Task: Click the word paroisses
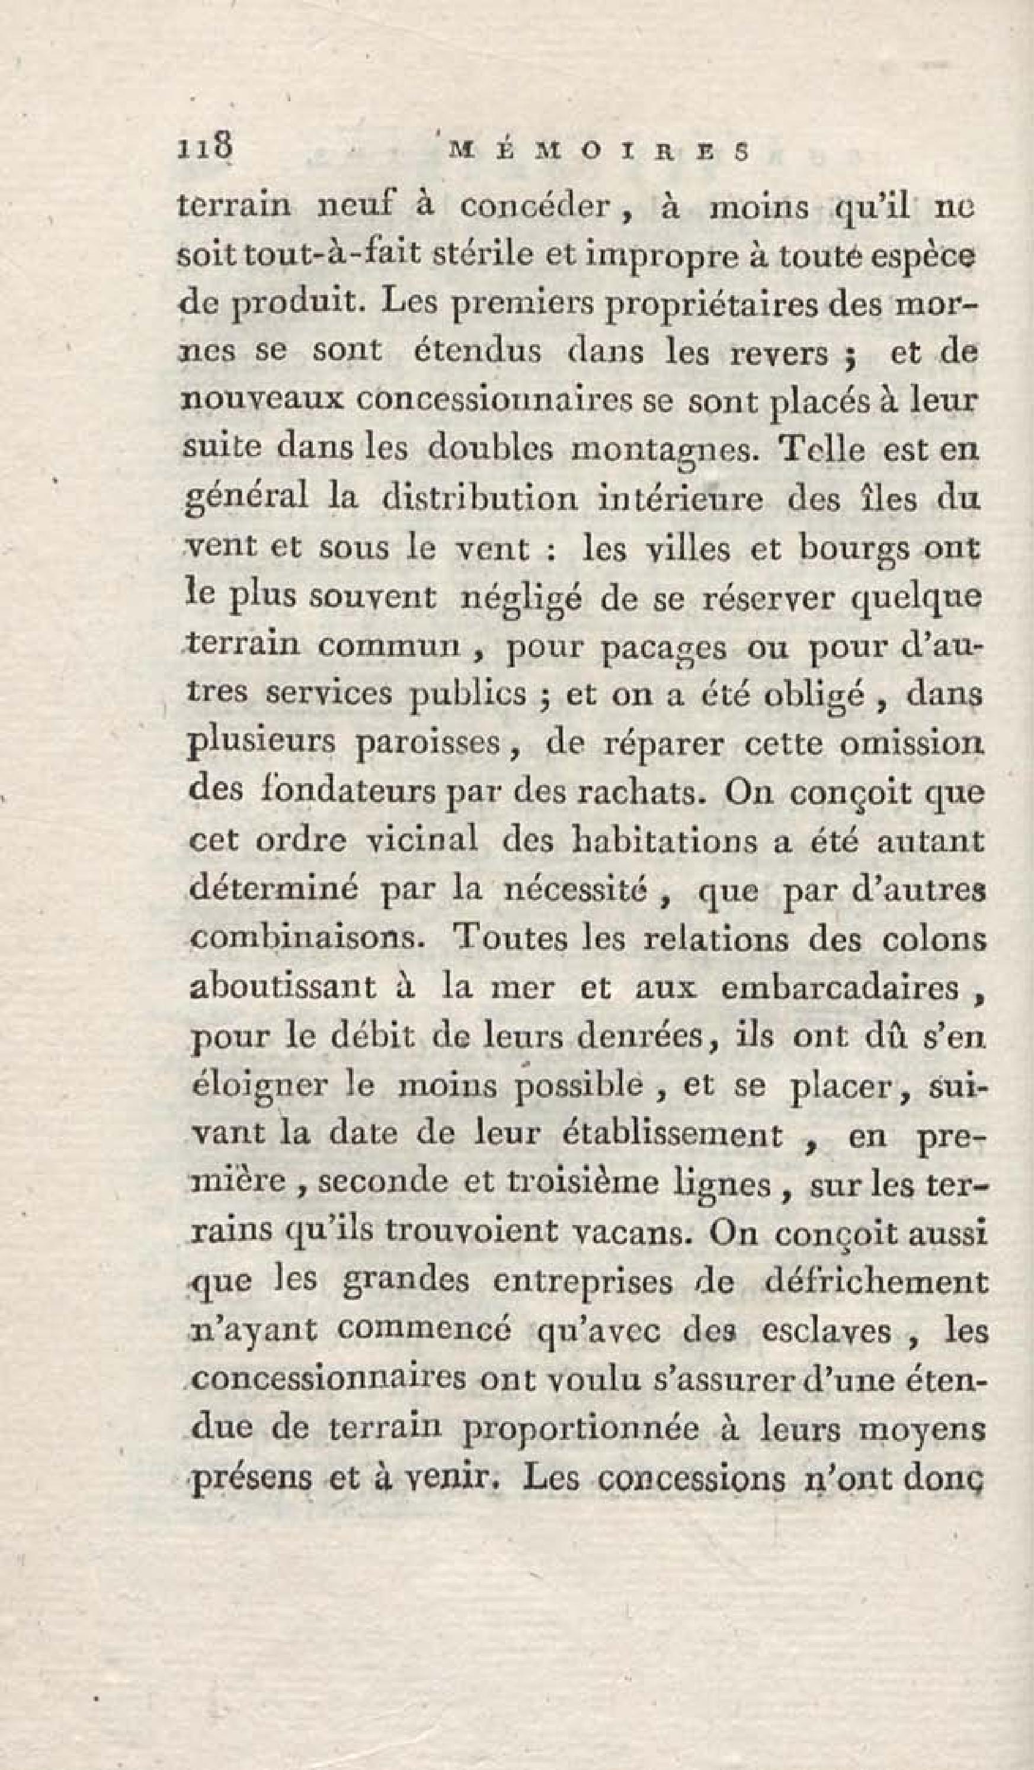[x=436, y=745]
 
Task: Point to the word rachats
[x=636, y=793]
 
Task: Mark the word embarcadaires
[x=840, y=988]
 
